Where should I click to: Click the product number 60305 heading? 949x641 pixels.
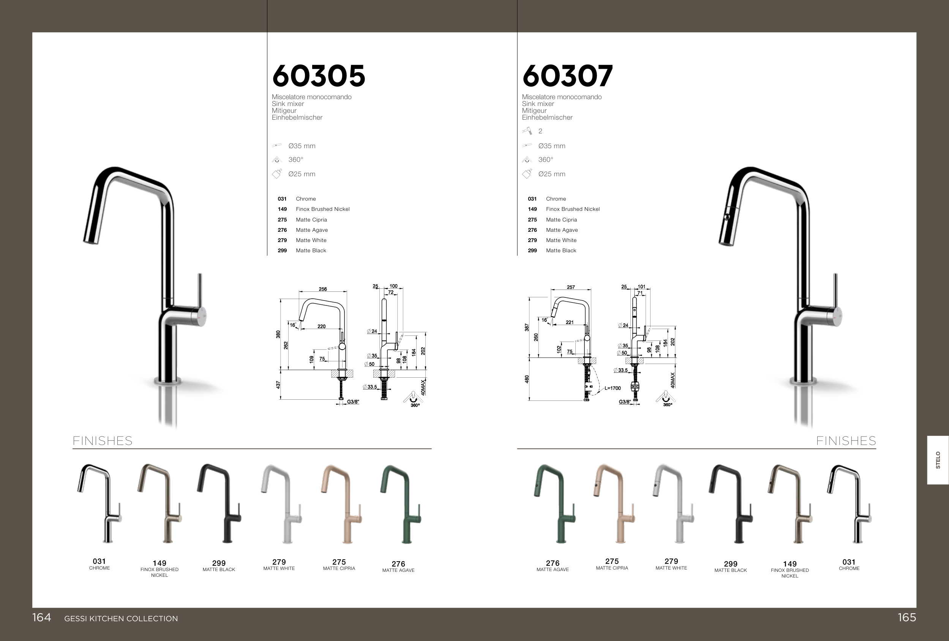319,76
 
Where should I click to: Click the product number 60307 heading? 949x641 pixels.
567,76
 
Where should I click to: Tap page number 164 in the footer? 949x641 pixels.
42,617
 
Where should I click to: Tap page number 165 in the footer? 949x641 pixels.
906,617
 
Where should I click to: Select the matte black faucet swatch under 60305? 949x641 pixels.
219,504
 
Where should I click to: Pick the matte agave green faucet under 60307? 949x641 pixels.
554,504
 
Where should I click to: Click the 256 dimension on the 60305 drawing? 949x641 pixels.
322,289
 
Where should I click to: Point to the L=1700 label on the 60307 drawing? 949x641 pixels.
613,388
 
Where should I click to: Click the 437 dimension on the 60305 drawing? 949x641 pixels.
278,385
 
